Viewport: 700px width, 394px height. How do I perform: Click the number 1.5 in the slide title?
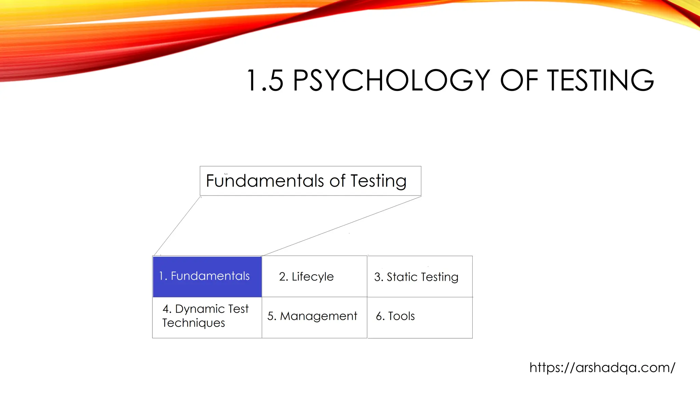pos(265,81)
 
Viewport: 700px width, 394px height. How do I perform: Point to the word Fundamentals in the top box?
pos(265,181)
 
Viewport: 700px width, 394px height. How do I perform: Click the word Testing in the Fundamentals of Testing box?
pos(378,181)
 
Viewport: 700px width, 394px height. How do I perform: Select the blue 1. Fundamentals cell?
pos(207,276)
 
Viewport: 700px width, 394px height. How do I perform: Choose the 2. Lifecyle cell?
pos(314,276)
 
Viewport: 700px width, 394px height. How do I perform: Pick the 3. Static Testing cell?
pos(420,276)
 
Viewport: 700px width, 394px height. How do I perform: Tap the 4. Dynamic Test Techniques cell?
pos(207,317)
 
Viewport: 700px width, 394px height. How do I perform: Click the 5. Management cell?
pos(314,317)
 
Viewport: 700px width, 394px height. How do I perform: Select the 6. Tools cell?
pos(420,317)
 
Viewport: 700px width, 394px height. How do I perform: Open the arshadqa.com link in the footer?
pos(602,368)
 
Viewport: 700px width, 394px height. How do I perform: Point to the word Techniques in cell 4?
pos(193,323)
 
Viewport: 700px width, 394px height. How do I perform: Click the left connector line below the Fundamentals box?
pos(177,226)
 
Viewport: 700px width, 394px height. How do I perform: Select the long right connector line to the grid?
pos(342,226)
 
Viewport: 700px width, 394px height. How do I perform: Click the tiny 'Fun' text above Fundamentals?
pos(226,174)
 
